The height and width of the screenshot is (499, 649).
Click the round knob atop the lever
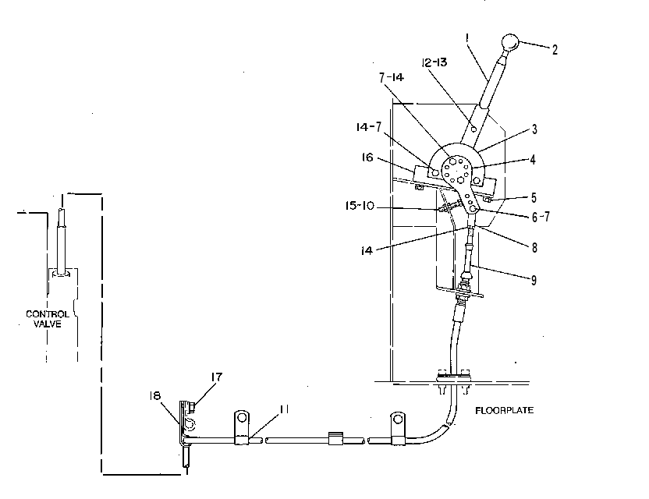point(510,42)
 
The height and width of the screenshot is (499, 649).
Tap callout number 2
point(555,50)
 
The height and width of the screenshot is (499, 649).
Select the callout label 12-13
point(434,62)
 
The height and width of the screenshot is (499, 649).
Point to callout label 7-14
point(392,77)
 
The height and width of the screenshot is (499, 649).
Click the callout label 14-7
point(368,126)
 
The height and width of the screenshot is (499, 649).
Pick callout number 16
point(367,157)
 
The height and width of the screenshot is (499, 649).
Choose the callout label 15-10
point(360,205)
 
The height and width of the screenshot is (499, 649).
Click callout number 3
point(534,129)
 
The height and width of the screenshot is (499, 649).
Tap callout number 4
point(533,160)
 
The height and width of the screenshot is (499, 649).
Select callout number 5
point(534,198)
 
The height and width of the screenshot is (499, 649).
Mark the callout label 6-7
point(541,217)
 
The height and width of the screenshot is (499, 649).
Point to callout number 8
point(534,247)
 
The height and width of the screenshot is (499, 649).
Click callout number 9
point(534,280)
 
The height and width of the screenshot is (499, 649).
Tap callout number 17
point(217,377)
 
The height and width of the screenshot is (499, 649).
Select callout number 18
point(154,396)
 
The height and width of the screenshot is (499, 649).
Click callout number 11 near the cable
point(284,409)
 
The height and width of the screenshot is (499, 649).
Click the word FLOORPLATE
point(504,410)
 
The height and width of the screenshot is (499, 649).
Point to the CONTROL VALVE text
point(47,319)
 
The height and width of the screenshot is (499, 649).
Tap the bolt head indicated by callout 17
point(191,407)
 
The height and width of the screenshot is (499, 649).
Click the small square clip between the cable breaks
point(335,439)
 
